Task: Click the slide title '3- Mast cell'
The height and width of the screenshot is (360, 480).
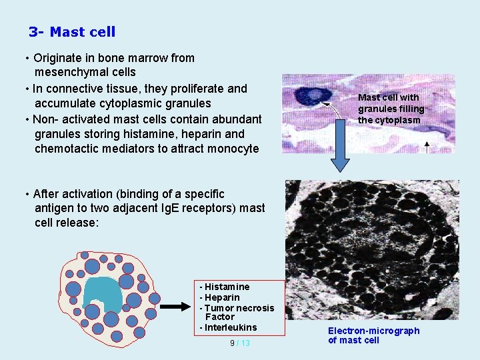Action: click(72, 32)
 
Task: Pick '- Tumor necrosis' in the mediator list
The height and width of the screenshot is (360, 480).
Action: click(237, 308)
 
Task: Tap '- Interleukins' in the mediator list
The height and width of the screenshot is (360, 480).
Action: click(228, 327)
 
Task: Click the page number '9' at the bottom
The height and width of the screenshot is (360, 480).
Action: click(232, 343)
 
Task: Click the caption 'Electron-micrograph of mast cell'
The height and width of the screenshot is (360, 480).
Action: click(373, 335)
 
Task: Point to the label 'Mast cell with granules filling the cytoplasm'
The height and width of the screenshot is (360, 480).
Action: click(391, 109)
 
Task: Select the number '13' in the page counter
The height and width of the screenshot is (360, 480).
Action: click(245, 343)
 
